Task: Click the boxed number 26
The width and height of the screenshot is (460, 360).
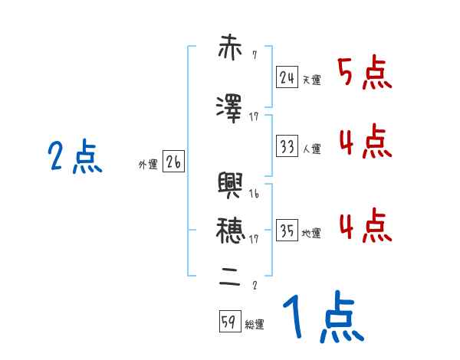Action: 173,162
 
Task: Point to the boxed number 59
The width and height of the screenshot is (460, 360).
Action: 228,322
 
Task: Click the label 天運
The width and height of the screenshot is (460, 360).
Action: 311,80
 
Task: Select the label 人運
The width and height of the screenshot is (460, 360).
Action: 311,149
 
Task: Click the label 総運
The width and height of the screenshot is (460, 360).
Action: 254,325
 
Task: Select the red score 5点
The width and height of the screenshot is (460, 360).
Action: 365,74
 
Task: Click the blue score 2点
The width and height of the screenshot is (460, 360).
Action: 75,159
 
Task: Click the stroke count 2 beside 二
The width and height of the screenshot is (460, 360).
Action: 254,286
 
